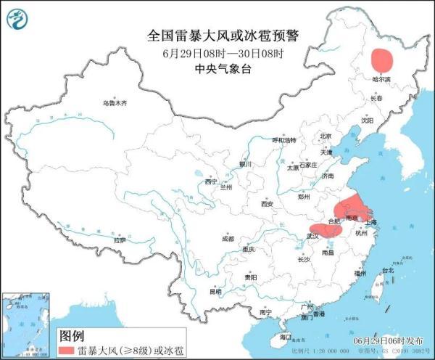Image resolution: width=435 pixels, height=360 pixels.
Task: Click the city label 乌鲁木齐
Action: [x=114, y=104]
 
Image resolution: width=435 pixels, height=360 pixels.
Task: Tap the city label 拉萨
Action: [x=120, y=240]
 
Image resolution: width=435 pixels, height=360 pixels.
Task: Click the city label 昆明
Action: [x=216, y=292]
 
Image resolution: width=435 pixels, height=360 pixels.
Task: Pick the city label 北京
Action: [x=326, y=136]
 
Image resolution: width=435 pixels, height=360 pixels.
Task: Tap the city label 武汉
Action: [x=313, y=236]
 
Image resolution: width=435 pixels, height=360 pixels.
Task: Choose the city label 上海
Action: [x=371, y=223]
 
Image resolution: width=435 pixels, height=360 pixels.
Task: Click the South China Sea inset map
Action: [x=27, y=324]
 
